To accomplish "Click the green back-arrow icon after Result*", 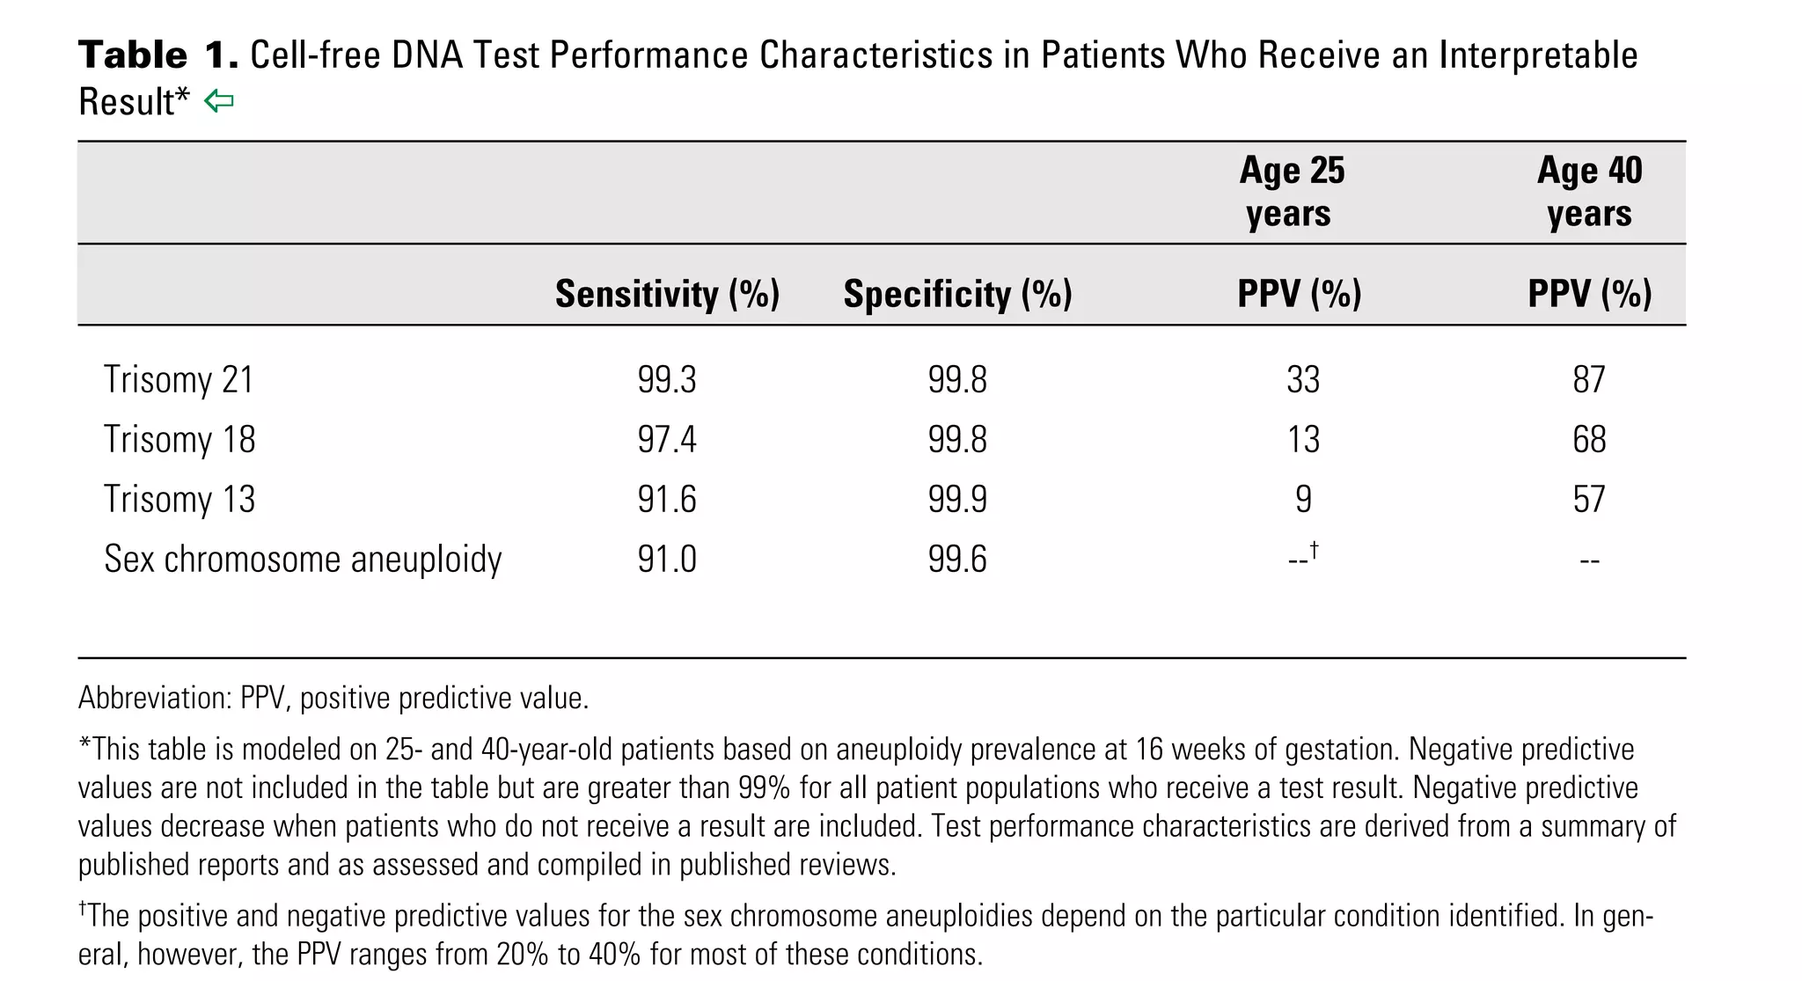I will [x=218, y=102].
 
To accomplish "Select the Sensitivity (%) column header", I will [x=667, y=294].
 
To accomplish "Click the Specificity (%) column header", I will [x=957, y=294].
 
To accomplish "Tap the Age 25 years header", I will [x=1291, y=192].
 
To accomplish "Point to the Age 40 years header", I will [x=1589, y=192].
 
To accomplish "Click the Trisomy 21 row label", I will [x=179, y=380].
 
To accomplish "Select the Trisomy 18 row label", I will [x=179, y=440].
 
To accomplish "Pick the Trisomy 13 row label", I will [x=179, y=500].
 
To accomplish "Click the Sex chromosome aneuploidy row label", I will [x=303, y=560].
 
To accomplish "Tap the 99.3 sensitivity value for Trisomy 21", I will [x=667, y=380].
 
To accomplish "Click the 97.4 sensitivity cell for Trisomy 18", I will [x=667, y=440].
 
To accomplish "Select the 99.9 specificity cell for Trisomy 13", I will [x=957, y=500].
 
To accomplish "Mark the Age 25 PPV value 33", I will [x=1303, y=380].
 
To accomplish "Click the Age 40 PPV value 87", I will [x=1589, y=380].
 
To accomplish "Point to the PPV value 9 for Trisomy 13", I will [x=1303, y=500].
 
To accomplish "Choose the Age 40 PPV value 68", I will [x=1589, y=440].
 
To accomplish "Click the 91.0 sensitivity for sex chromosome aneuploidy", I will [x=667, y=560].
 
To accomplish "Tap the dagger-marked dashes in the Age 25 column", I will [x=1302, y=558].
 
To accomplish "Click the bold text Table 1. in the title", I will [x=158, y=55].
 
